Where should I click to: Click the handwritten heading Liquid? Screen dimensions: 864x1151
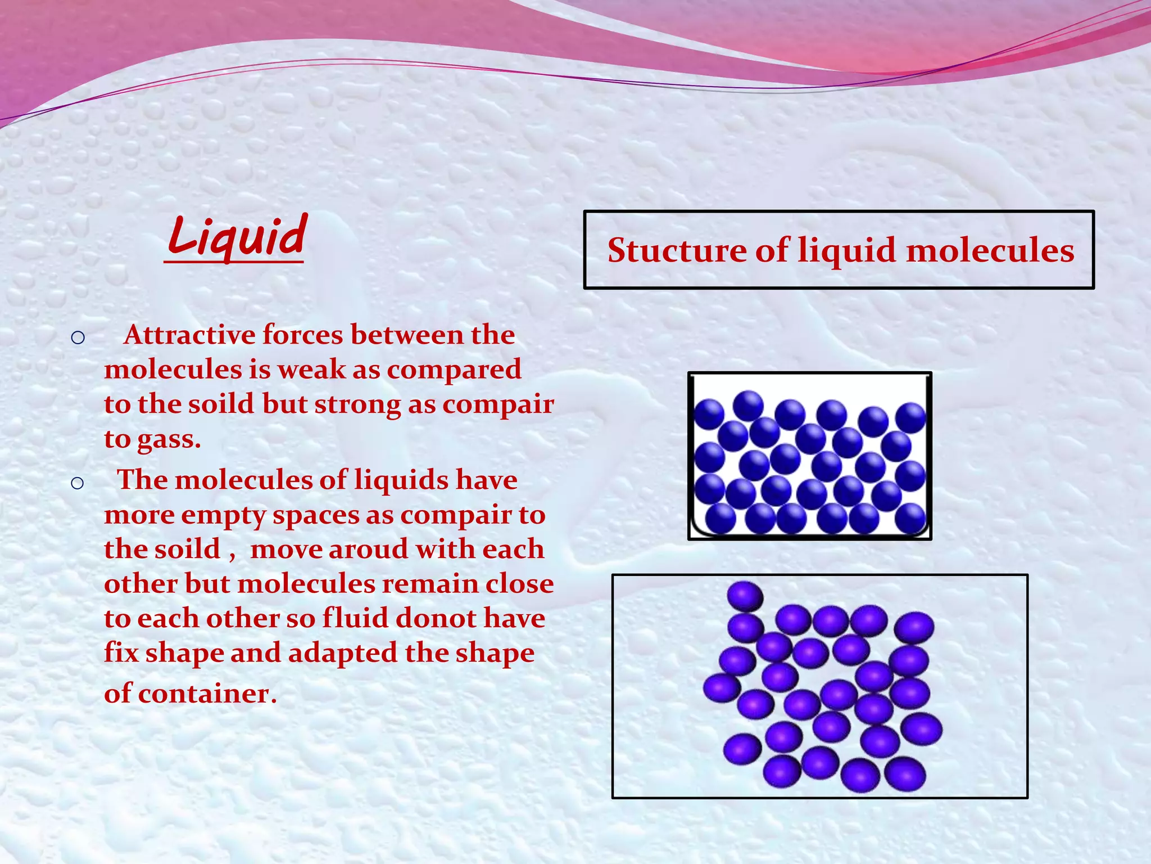(x=237, y=236)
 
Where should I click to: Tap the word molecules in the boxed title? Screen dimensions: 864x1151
(x=990, y=250)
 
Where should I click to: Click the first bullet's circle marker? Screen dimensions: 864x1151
(x=78, y=337)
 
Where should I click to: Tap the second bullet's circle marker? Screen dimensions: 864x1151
(x=78, y=483)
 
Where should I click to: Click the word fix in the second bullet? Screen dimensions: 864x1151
(x=121, y=654)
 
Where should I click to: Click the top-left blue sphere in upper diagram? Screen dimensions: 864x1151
(x=709, y=414)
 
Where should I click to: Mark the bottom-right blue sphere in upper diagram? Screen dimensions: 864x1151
(x=910, y=517)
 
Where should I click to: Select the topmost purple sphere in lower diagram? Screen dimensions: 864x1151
(x=745, y=596)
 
